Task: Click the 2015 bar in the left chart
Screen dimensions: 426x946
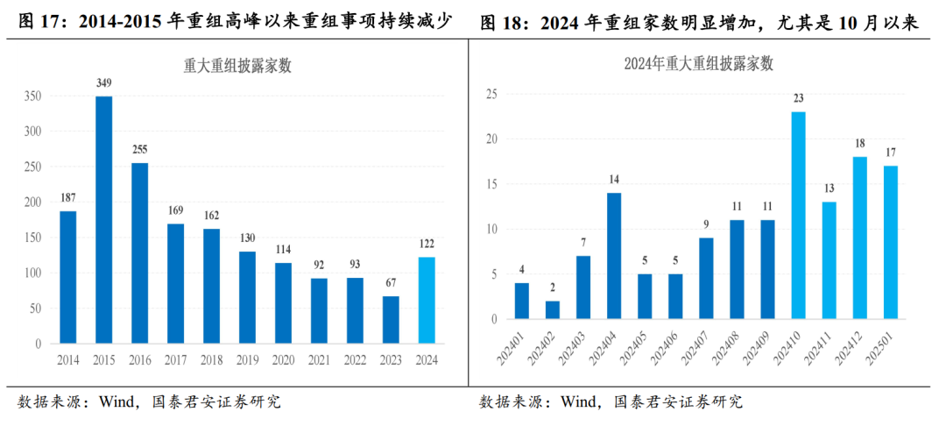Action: click(103, 220)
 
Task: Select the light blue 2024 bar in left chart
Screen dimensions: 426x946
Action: click(427, 301)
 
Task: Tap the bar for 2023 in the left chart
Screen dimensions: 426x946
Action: click(392, 320)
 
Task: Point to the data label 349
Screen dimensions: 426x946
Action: click(103, 83)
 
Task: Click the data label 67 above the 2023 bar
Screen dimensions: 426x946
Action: click(392, 283)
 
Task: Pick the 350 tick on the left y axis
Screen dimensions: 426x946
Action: click(32, 96)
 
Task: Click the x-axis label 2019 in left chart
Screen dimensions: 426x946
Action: click(247, 360)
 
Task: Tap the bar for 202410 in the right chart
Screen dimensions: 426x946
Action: click(798, 215)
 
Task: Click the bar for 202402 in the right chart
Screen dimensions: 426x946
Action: click(553, 310)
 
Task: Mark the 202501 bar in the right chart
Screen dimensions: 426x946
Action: click(891, 242)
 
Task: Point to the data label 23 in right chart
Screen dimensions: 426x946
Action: click(798, 98)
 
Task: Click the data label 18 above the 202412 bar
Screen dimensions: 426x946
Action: click(860, 144)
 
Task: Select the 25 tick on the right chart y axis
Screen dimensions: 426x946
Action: click(491, 95)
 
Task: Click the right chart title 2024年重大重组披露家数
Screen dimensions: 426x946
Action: click(699, 63)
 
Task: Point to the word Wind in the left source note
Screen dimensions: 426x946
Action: click(113, 402)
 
